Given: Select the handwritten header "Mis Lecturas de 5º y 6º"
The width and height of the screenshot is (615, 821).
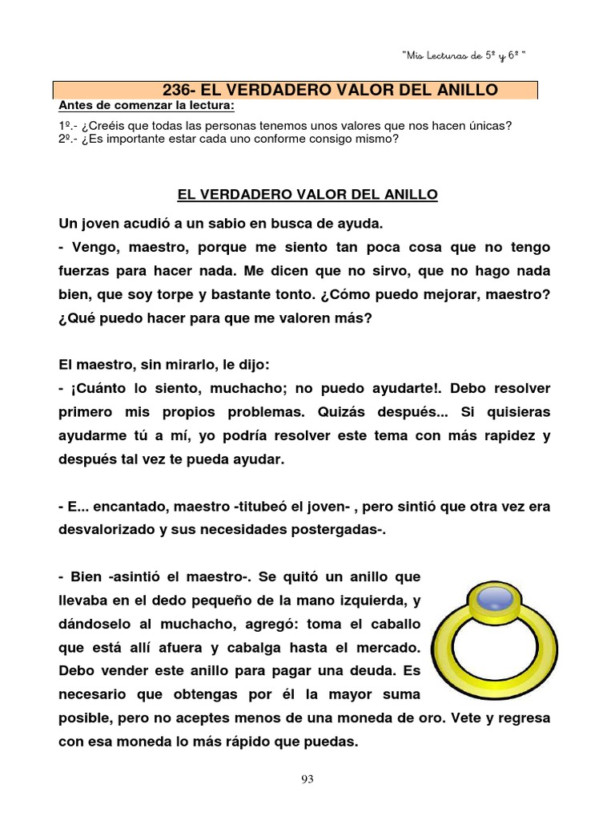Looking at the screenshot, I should pyautogui.click(x=464, y=55).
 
